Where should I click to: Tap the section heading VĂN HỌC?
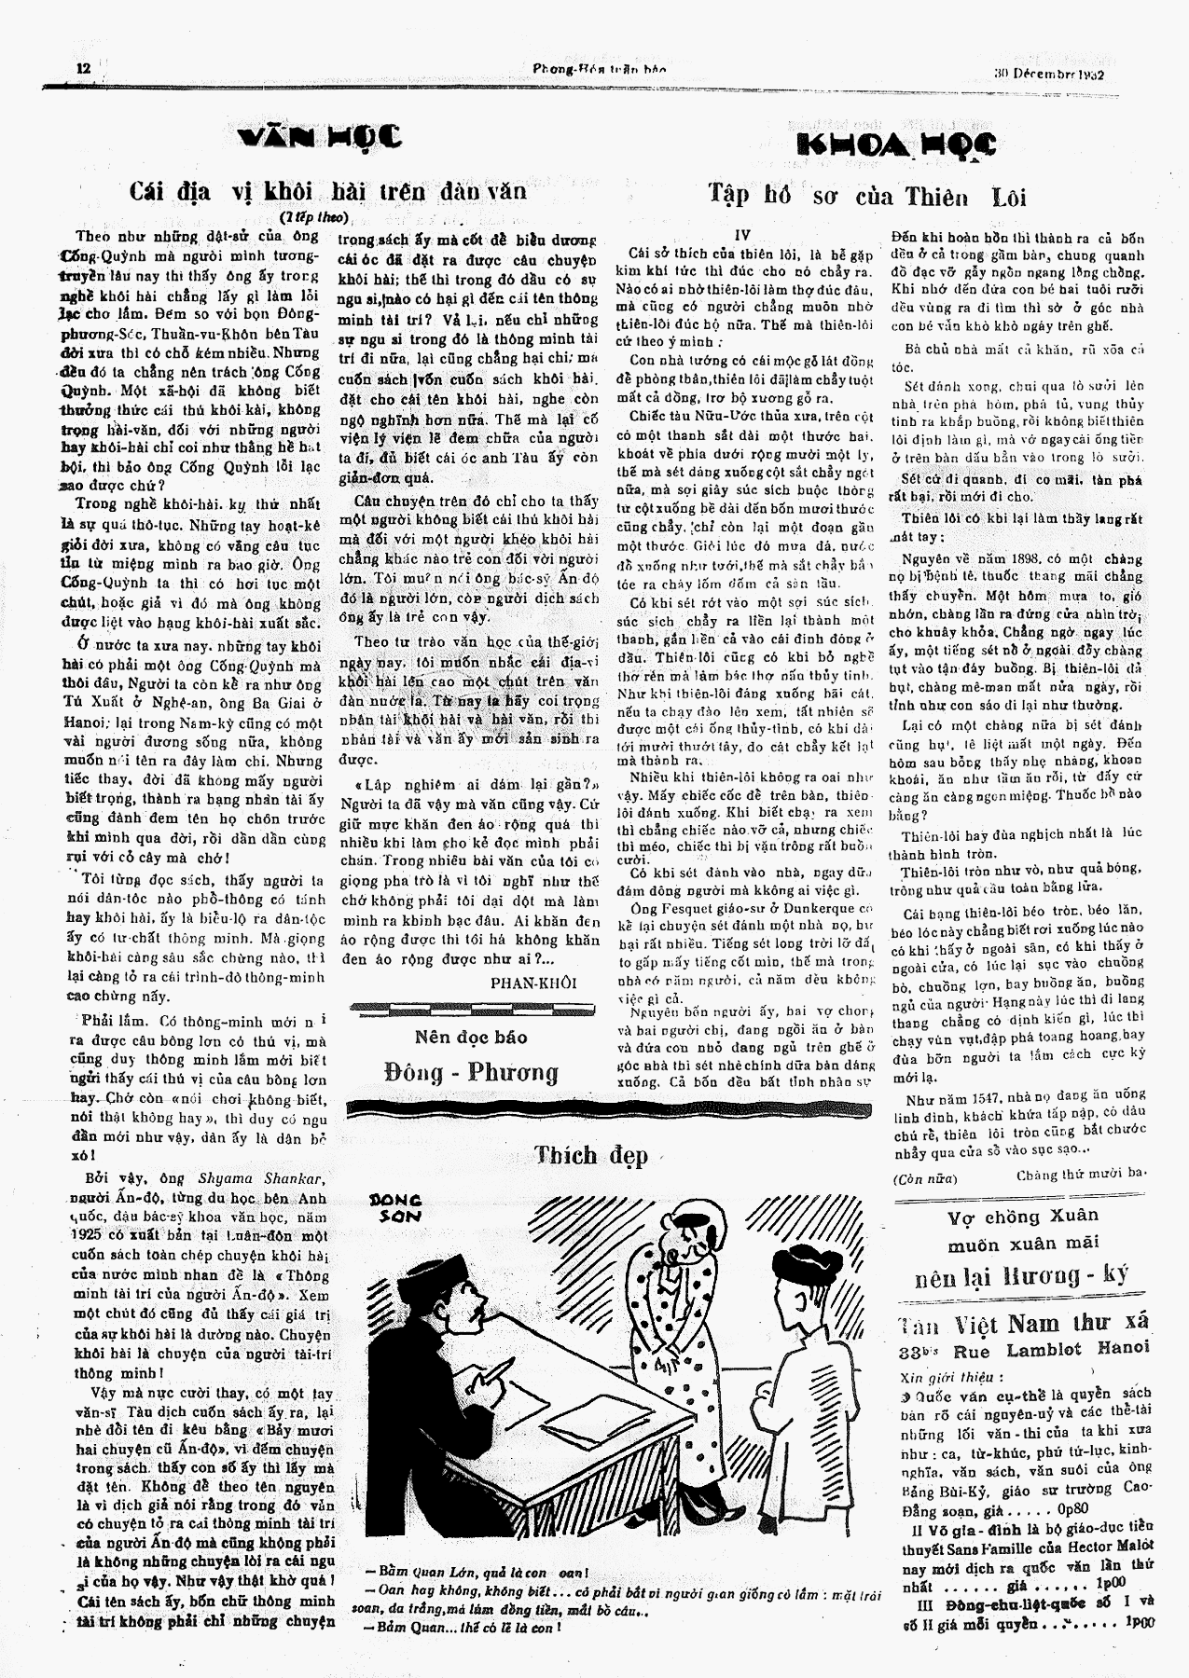[320, 137]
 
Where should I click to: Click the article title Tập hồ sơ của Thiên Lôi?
[867, 196]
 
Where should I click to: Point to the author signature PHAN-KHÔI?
[533, 983]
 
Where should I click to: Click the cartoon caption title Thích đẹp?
[592, 1156]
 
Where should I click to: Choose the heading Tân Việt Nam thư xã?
[1023, 1324]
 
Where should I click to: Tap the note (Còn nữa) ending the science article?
[920, 1177]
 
